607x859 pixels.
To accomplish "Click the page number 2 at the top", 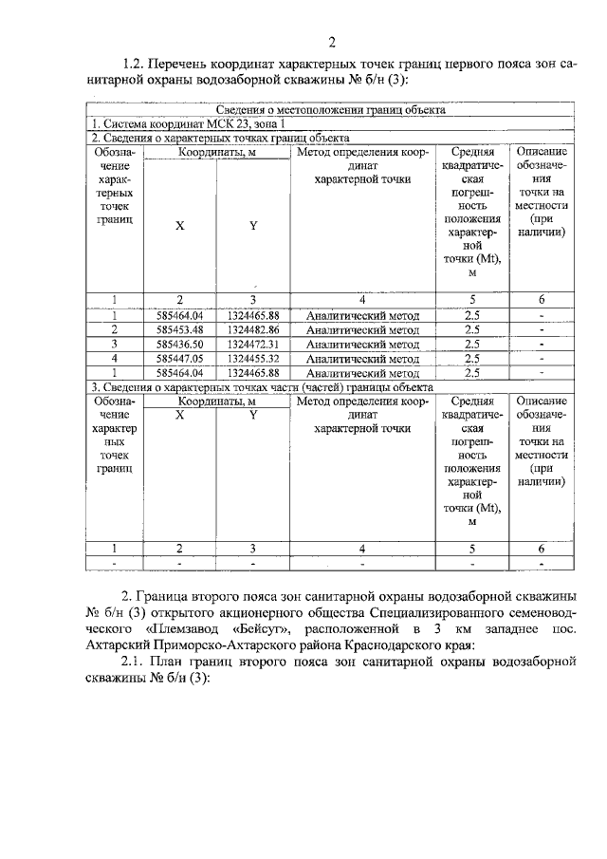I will (x=332, y=41).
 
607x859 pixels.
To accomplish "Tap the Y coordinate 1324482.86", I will (x=253, y=328).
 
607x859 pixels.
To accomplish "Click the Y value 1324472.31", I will (x=253, y=344).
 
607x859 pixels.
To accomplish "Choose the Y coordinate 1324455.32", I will (x=253, y=359).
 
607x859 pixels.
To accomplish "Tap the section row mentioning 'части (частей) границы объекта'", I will (x=261, y=387).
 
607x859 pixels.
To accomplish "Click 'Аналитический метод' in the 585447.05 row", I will (x=363, y=359).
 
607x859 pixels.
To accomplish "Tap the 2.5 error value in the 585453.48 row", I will (x=471, y=328).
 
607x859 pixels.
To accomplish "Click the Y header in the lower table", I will (x=253, y=415).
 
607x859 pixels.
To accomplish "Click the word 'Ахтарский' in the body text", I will (x=117, y=644).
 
